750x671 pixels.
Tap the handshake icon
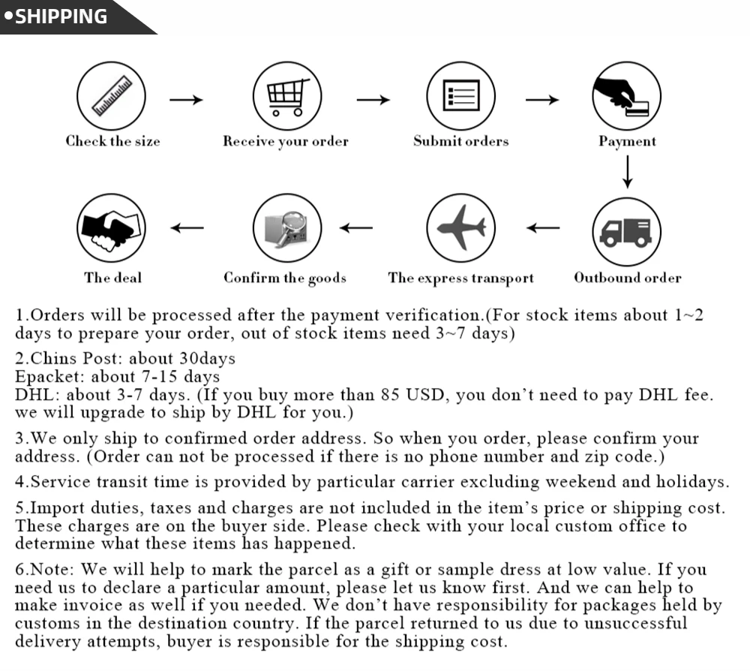(112, 227)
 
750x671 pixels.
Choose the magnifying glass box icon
(286, 227)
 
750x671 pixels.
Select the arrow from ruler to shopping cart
(187, 100)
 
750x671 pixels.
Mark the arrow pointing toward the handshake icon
(187, 228)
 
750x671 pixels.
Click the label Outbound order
(628, 278)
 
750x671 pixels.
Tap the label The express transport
(460, 278)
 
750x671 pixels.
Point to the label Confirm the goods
(285, 278)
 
